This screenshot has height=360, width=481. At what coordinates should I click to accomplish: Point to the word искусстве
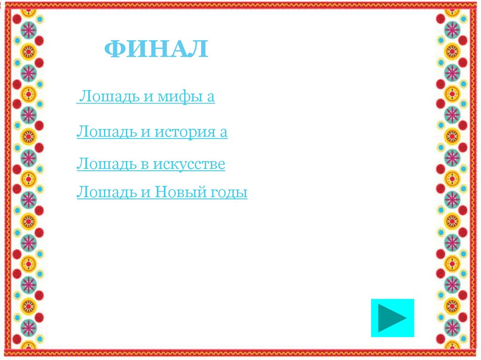[x=192, y=164]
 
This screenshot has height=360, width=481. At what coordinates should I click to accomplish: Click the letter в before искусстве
[x=145, y=165]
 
